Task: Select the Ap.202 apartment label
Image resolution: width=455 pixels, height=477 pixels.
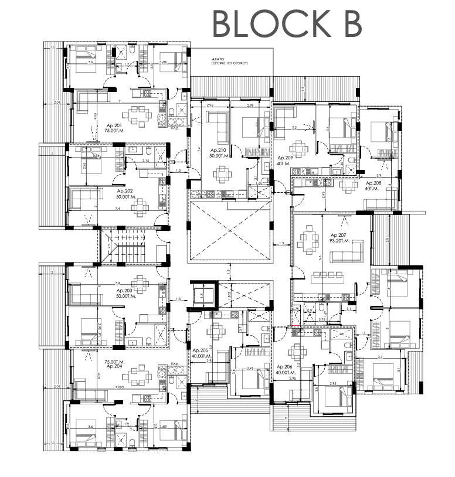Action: tap(125, 194)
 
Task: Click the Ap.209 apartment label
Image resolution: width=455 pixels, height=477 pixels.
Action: tap(286, 161)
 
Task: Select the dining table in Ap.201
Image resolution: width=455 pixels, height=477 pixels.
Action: tap(139, 115)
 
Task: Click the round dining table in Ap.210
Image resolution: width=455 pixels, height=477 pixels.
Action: tap(223, 174)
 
